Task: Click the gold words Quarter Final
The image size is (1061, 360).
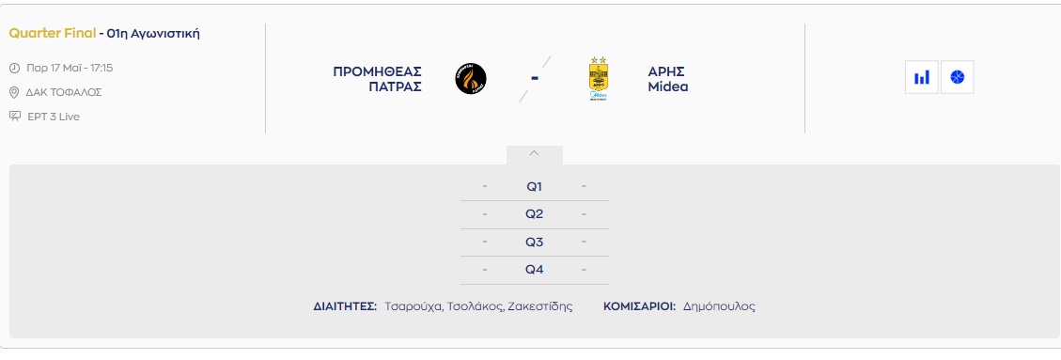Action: click(52, 33)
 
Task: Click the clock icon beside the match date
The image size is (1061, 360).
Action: click(14, 69)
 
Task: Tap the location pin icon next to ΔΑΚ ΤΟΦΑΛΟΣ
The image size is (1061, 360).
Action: click(14, 93)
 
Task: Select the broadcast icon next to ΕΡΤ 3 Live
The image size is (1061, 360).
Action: click(15, 117)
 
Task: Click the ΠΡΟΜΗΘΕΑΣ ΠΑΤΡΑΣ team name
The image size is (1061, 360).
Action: click(378, 79)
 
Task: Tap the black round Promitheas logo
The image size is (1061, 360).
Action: click(471, 79)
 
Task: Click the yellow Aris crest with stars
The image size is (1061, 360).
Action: click(599, 79)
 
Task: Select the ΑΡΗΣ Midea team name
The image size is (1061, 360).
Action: click(667, 79)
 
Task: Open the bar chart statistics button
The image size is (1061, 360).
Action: click(922, 77)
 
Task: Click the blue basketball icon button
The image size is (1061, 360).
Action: click(957, 77)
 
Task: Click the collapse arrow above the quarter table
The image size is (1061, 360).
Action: click(534, 153)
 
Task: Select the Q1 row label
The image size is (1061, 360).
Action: click(535, 187)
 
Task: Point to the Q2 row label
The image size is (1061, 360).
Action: click(535, 214)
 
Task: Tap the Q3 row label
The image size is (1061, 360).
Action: click(535, 243)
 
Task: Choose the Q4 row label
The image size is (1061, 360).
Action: click(535, 270)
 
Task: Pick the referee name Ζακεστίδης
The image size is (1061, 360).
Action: click(540, 306)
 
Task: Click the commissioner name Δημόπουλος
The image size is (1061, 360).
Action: click(719, 306)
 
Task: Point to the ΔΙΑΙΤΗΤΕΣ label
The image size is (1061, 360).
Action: click(345, 306)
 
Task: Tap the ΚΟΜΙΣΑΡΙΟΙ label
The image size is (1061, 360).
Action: click(639, 306)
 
